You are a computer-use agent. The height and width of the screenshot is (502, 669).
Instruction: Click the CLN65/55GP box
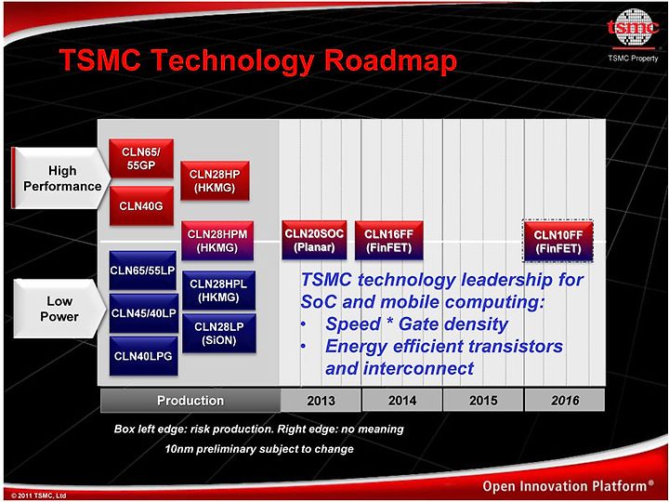(x=141, y=158)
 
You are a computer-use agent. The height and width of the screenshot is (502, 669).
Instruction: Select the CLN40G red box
(x=141, y=205)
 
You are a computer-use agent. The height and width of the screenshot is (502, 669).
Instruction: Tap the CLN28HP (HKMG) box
(x=215, y=180)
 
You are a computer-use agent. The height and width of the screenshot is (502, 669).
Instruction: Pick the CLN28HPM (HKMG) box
(x=217, y=241)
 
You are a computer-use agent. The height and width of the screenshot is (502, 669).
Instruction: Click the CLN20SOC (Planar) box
(x=314, y=241)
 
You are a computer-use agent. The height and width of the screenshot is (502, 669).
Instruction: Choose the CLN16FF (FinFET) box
(x=388, y=241)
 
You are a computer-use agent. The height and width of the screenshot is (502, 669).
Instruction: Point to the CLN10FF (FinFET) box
(x=558, y=241)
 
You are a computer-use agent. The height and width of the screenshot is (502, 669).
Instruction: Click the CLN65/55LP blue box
(x=142, y=271)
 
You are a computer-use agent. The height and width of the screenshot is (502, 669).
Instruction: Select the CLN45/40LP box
(x=143, y=313)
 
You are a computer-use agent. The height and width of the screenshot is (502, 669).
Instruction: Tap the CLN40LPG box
(x=143, y=356)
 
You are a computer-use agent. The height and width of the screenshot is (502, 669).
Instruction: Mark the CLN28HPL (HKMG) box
(x=218, y=290)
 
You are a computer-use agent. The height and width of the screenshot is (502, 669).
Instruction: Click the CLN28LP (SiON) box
(x=219, y=333)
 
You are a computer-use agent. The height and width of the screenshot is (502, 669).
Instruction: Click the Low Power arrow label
(x=59, y=309)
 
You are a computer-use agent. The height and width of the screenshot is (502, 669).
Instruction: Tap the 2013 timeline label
(x=321, y=401)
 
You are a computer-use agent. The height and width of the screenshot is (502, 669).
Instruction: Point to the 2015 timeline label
(x=483, y=401)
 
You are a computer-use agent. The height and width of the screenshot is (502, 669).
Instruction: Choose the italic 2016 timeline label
(x=565, y=401)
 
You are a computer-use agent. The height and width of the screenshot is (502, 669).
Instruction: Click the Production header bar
(x=190, y=401)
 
